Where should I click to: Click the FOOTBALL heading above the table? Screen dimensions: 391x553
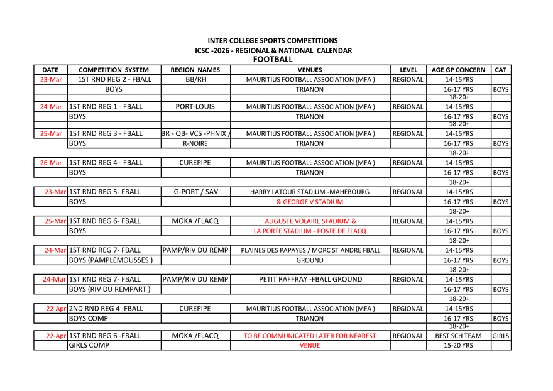[272, 59]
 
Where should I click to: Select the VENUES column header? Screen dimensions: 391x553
[310, 70]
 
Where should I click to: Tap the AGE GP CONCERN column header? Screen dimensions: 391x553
[459, 70]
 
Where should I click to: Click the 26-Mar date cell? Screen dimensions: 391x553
[51, 163]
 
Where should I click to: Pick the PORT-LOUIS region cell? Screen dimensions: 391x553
[195, 107]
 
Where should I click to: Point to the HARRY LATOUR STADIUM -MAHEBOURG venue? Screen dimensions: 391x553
[310, 192]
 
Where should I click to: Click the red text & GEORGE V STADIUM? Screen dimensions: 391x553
[310, 202]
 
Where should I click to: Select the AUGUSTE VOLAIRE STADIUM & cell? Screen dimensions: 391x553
[310, 221]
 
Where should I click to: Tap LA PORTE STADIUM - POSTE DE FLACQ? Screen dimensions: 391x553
[310, 231]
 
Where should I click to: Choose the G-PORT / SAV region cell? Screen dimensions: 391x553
[195, 192]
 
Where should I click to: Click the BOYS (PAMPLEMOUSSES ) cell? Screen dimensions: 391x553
[111, 260]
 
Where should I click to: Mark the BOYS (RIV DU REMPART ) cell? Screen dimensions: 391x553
[110, 289]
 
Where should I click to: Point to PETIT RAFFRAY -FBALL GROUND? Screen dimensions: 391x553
[310, 279]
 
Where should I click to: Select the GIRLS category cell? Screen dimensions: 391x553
[500, 336]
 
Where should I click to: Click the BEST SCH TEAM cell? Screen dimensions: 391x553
[459, 336]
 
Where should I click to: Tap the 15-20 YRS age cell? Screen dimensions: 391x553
[459, 346]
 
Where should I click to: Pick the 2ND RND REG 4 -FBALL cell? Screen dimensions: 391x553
[106, 309]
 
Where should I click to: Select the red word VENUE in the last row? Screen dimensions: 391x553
[310, 346]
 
